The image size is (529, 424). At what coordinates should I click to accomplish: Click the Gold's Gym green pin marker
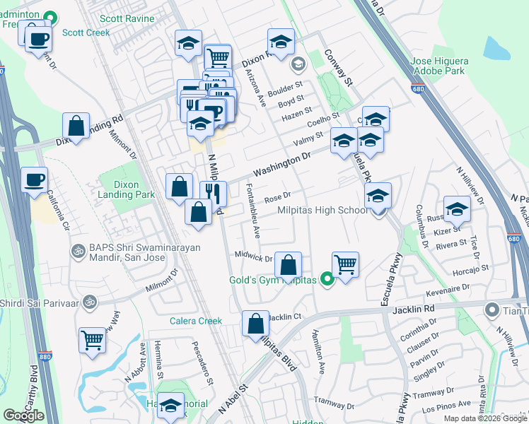click(x=326, y=281)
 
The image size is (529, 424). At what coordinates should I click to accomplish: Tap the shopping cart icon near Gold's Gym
click(x=345, y=265)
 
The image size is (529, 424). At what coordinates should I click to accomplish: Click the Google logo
click(x=23, y=416)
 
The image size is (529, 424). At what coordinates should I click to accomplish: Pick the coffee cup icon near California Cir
click(x=34, y=179)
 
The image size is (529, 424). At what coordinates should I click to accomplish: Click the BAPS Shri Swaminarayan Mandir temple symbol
click(x=77, y=251)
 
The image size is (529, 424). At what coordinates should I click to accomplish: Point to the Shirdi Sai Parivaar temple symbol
click(x=89, y=303)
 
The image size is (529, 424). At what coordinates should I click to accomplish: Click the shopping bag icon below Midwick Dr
click(x=288, y=266)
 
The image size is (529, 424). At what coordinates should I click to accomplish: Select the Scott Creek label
click(x=85, y=33)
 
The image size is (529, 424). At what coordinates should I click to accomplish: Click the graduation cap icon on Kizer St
click(x=457, y=209)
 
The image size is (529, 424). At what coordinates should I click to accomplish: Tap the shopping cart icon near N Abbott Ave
click(x=92, y=341)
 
